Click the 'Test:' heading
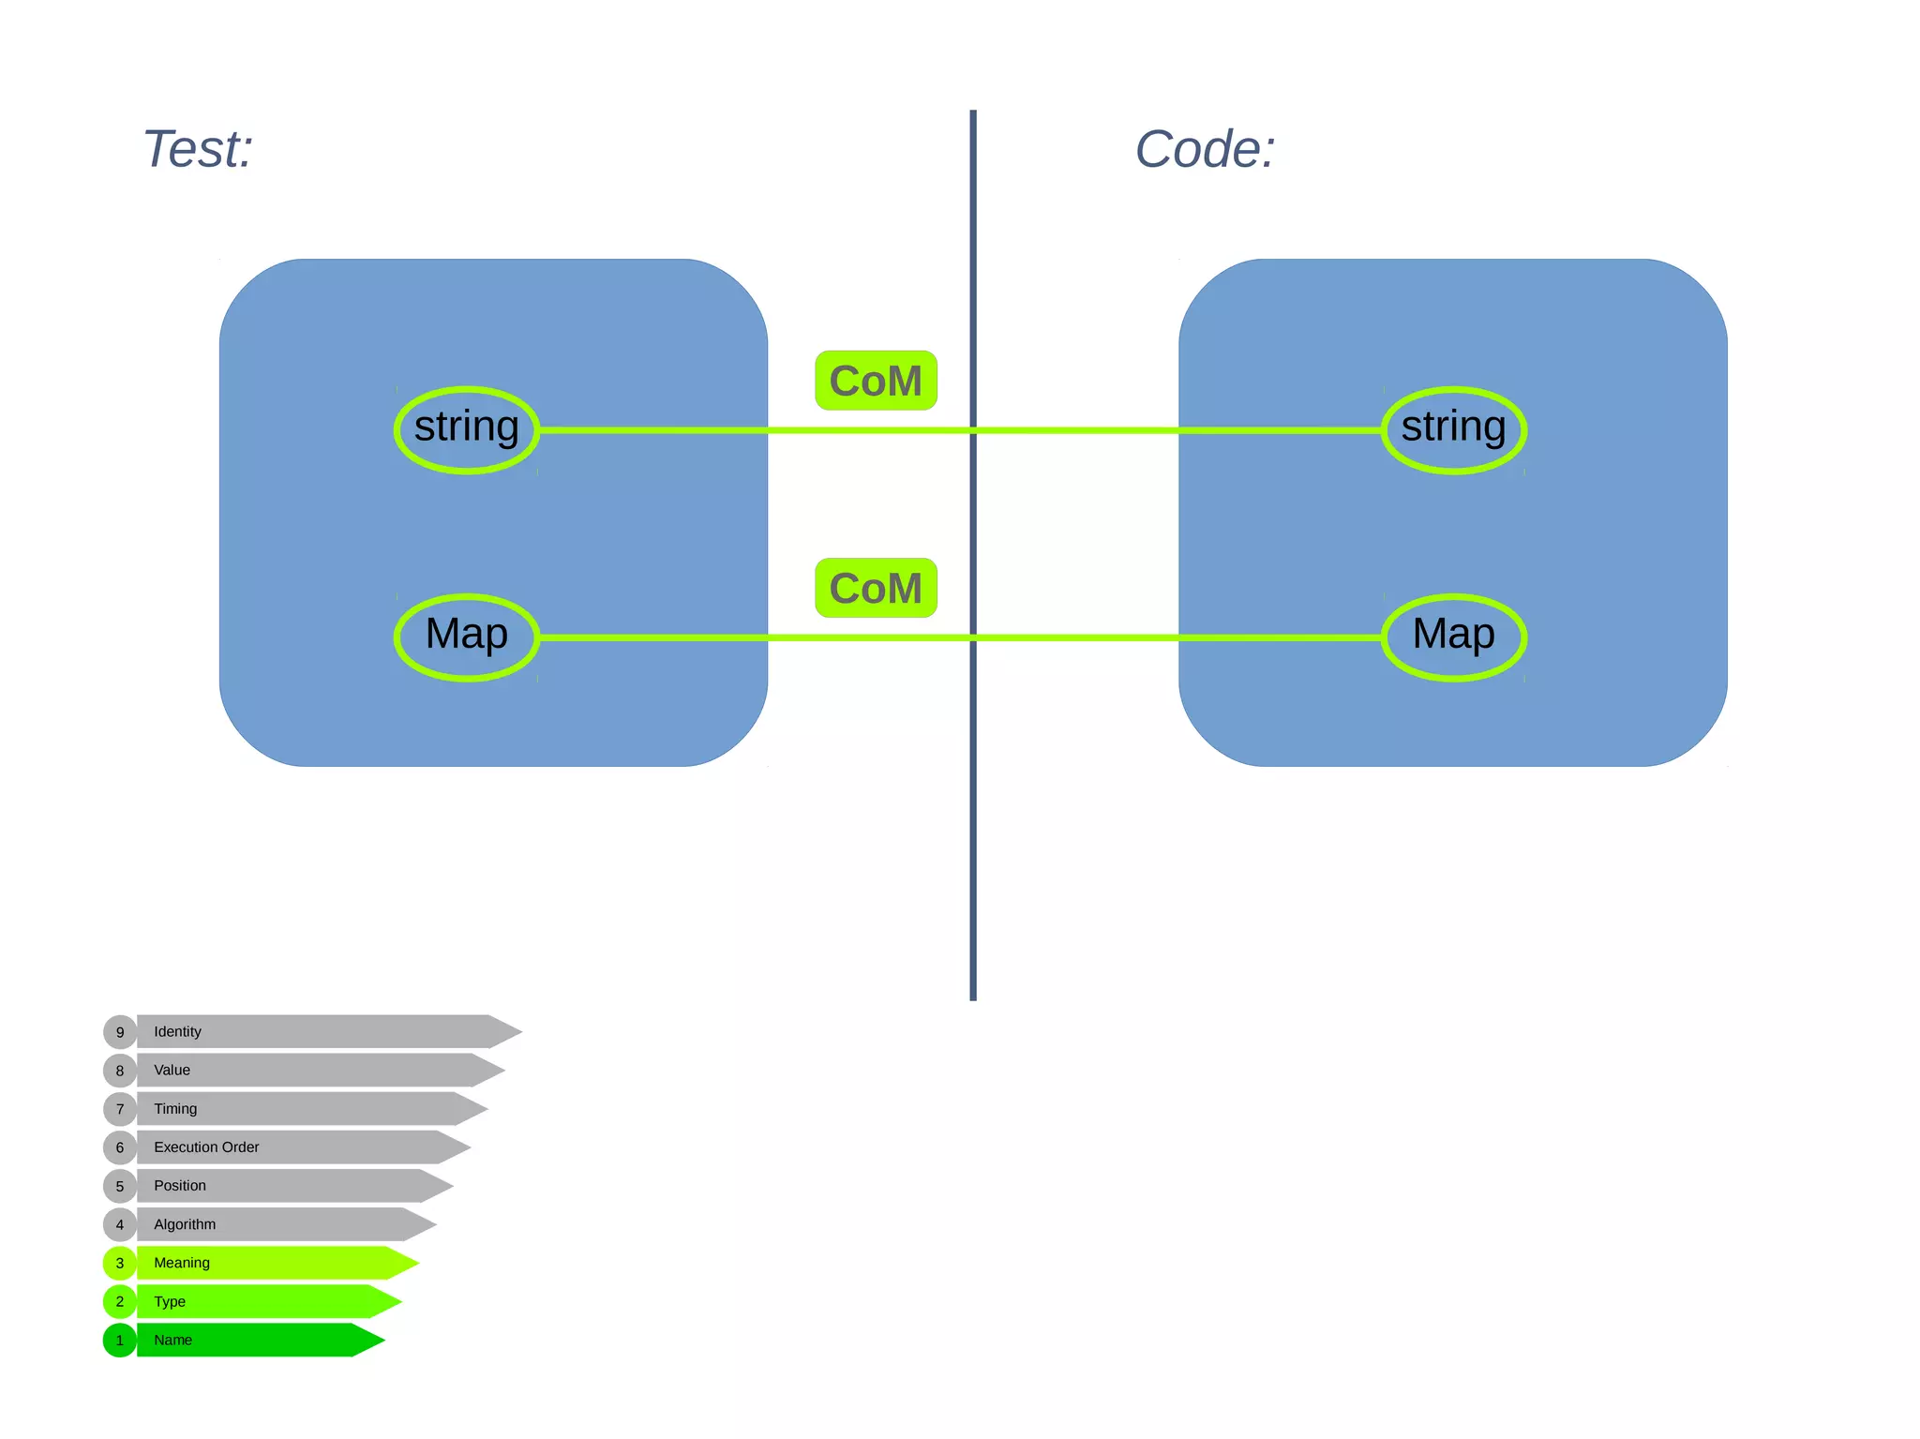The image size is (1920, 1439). [198, 149]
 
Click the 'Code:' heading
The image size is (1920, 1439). [1205, 149]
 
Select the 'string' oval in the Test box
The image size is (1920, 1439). [467, 429]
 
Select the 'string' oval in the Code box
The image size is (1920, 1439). [1453, 429]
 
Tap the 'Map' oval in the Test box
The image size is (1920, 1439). [467, 637]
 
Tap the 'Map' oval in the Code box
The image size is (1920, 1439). [1453, 637]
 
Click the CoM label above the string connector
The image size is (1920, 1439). [876, 381]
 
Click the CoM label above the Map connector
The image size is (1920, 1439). [876, 588]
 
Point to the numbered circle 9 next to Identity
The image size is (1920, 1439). [120, 1031]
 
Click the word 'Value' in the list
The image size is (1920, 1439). [172, 1070]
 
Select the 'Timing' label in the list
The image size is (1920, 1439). [175, 1108]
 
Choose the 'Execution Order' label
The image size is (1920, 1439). [206, 1147]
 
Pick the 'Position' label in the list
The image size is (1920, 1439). [180, 1185]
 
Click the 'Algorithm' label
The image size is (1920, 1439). [185, 1224]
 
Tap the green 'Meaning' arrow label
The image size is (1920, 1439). [182, 1263]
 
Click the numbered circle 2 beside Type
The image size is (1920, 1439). [120, 1301]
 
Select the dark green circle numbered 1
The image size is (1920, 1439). [120, 1340]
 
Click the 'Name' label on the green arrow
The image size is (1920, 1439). [172, 1340]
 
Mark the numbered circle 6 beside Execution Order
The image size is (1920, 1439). [120, 1147]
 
